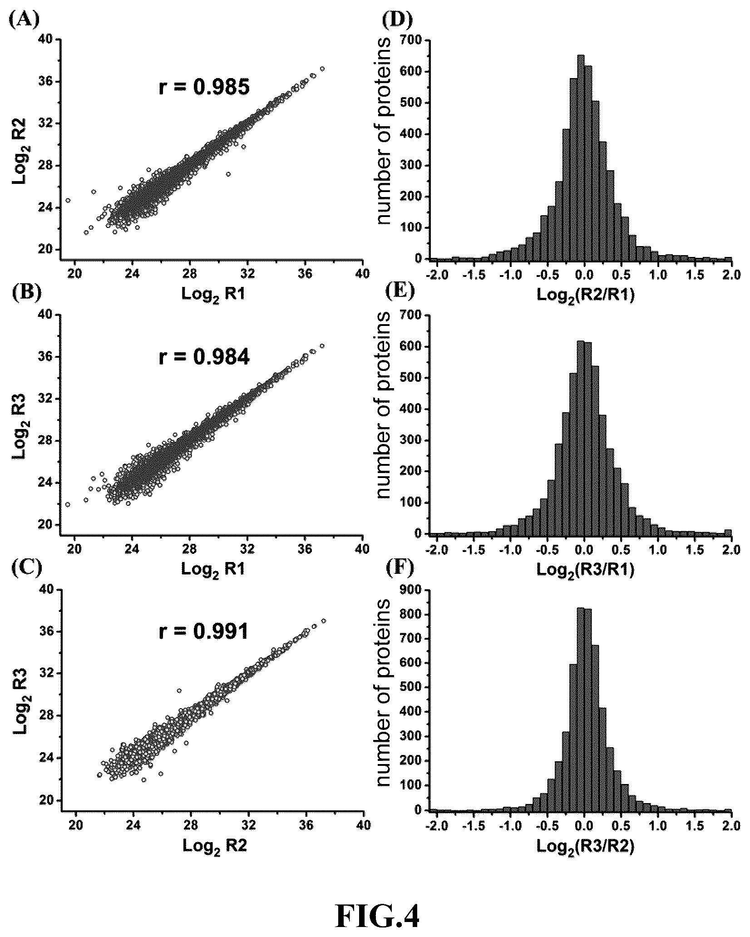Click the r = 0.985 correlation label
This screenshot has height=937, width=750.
coord(204,86)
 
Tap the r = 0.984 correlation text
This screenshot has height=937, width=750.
coord(204,358)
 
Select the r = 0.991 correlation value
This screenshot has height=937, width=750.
coord(204,631)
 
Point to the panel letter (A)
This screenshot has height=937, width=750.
coord(25,20)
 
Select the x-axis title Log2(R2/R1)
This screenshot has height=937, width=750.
coord(586,296)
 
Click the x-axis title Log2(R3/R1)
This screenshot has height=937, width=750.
coord(586,570)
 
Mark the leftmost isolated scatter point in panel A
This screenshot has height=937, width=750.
coord(68,200)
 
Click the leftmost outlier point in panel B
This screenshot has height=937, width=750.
coord(68,504)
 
